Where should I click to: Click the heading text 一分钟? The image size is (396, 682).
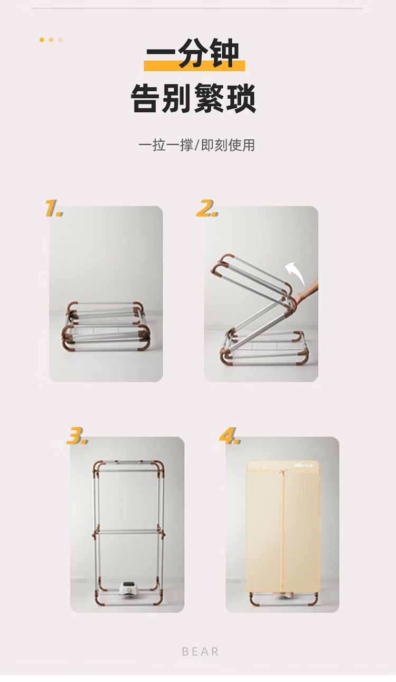(193, 53)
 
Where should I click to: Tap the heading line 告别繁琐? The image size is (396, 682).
(194, 98)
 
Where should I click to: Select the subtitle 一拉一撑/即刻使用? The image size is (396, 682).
(196, 145)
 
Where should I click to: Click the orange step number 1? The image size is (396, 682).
(53, 208)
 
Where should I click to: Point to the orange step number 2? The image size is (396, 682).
(207, 208)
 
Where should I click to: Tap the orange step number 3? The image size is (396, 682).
(77, 436)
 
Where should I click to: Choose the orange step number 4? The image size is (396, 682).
(230, 436)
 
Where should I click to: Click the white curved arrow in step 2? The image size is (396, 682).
(295, 273)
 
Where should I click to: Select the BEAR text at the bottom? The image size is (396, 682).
(200, 652)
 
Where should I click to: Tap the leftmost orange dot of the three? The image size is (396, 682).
(42, 40)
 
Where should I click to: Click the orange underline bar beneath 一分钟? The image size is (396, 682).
(194, 66)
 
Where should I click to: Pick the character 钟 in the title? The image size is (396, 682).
(224, 53)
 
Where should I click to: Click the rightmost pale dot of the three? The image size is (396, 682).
(61, 40)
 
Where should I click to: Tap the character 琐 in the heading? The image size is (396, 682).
(241, 98)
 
